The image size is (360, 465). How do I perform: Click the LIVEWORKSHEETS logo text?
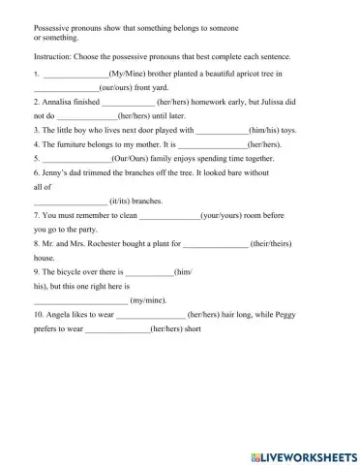(x=308, y=455)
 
